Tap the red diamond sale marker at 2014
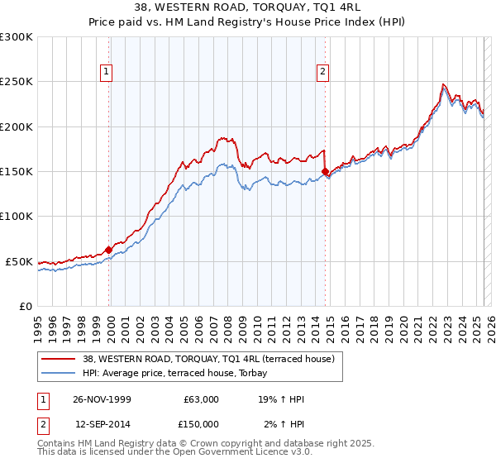(325, 172)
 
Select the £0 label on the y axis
(25, 306)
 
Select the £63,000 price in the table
(201, 399)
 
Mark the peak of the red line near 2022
(443, 84)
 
